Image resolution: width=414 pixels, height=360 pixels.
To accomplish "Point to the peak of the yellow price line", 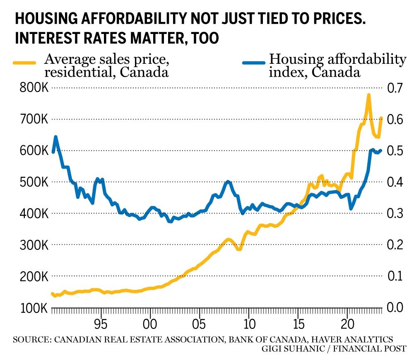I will point(368,95).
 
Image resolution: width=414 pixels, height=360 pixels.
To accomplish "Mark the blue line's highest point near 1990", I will point(56,136).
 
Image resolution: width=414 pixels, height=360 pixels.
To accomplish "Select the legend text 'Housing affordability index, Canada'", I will point(337,66).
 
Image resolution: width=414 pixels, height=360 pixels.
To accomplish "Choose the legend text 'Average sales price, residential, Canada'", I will point(106,66).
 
